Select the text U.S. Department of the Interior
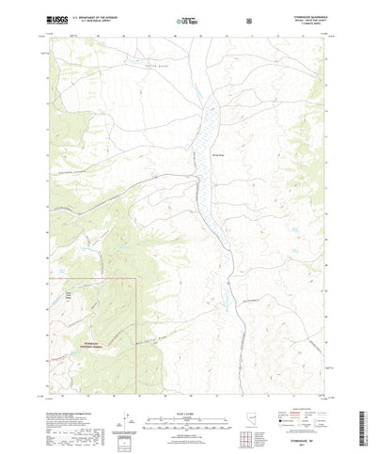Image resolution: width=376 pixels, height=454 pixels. click(x=106, y=15)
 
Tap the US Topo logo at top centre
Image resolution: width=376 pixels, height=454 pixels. click(x=185, y=18)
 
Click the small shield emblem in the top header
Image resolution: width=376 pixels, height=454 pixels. click(x=247, y=18)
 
